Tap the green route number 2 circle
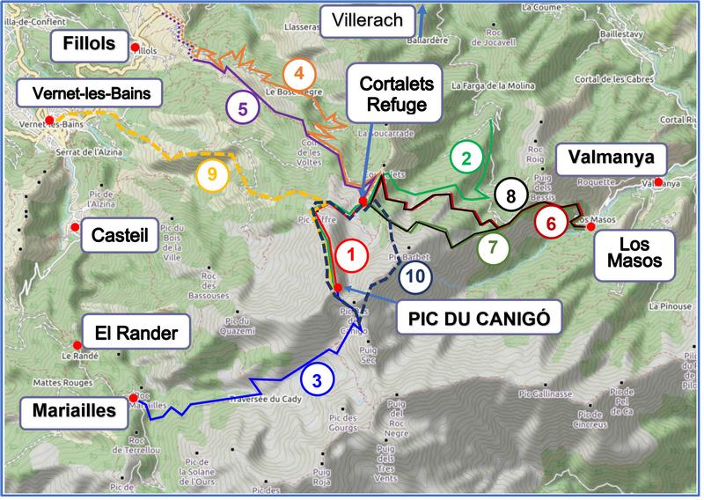point(466,158)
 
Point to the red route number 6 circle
point(552,223)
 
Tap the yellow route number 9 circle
point(212,174)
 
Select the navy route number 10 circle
point(415,276)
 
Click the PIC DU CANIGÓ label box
point(468,318)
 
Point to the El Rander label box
point(130,334)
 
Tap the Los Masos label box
point(629,251)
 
